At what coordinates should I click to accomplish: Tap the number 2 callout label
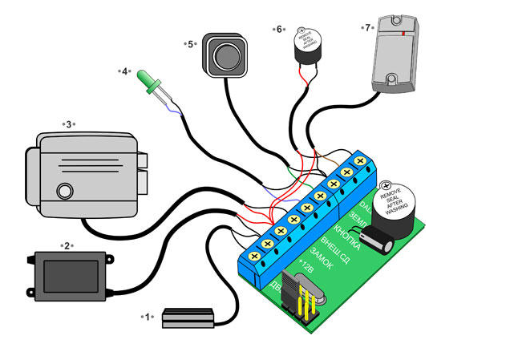pyautogui.click(x=67, y=245)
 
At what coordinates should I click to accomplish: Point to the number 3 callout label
pyautogui.click(x=69, y=123)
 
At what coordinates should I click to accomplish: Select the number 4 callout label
pyautogui.click(x=126, y=71)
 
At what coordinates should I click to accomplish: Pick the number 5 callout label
pyautogui.click(x=191, y=44)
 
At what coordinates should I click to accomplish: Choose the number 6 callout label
pyautogui.click(x=280, y=30)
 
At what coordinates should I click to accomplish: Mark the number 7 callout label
pyautogui.click(x=368, y=27)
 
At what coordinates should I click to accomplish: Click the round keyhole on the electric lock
pyautogui.click(x=63, y=191)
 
